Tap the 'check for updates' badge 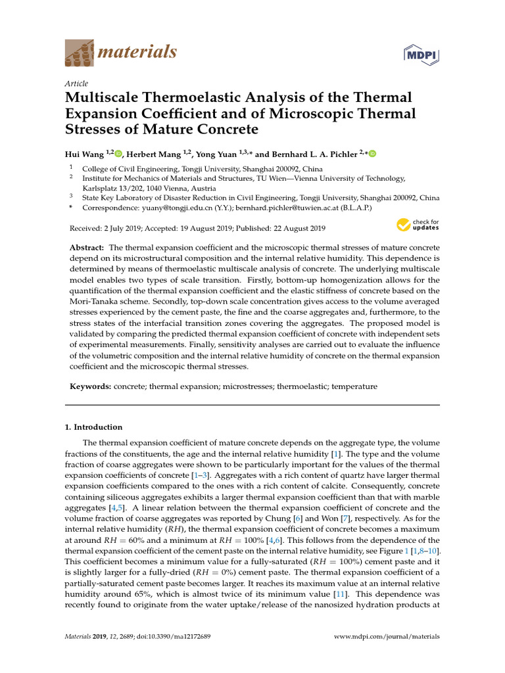pyautogui.click(x=417, y=225)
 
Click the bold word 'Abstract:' pyautogui.click(x=87, y=247)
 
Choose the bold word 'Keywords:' pyautogui.click(x=91, y=386)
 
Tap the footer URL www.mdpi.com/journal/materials pyautogui.click(x=387, y=636)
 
